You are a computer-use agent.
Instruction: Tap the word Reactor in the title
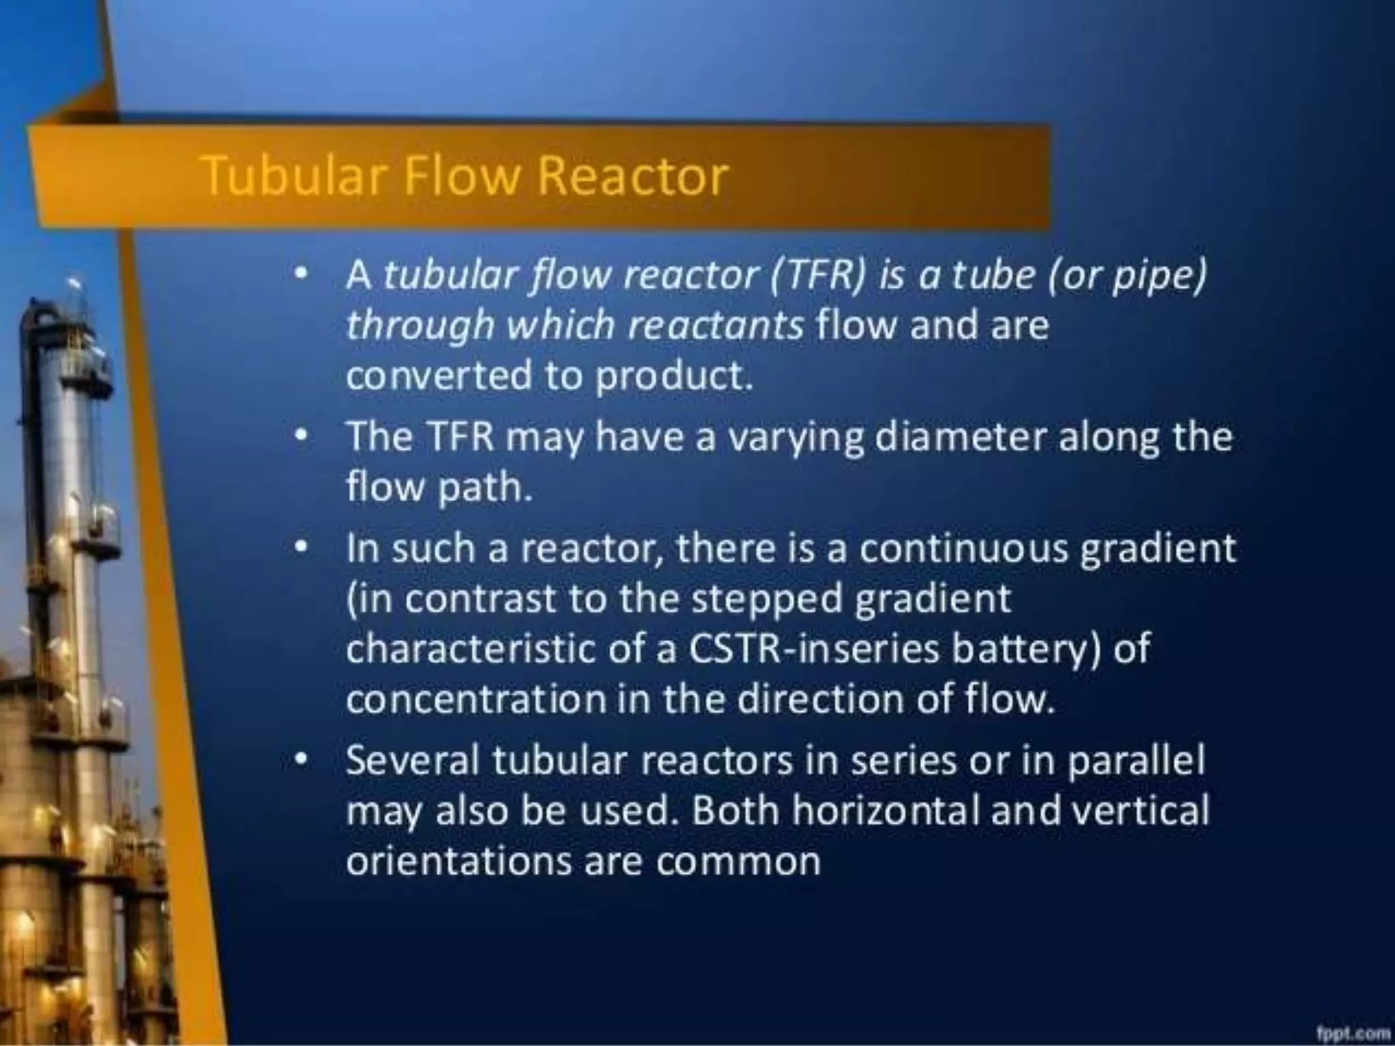click(x=633, y=176)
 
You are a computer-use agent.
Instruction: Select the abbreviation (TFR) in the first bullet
click(x=818, y=275)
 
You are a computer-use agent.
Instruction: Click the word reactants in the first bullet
click(x=715, y=326)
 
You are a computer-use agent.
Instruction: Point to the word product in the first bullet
click(x=673, y=375)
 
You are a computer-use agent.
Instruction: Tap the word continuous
click(x=963, y=549)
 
